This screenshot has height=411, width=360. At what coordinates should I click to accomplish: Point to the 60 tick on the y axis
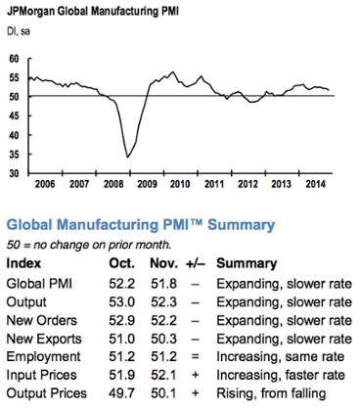14,59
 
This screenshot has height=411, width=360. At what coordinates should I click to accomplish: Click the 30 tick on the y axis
14,172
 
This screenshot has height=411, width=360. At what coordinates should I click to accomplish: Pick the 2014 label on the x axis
314,183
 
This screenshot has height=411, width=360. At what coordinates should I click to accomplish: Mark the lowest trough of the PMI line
129,156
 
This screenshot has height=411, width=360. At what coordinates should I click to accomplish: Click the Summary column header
247,264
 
